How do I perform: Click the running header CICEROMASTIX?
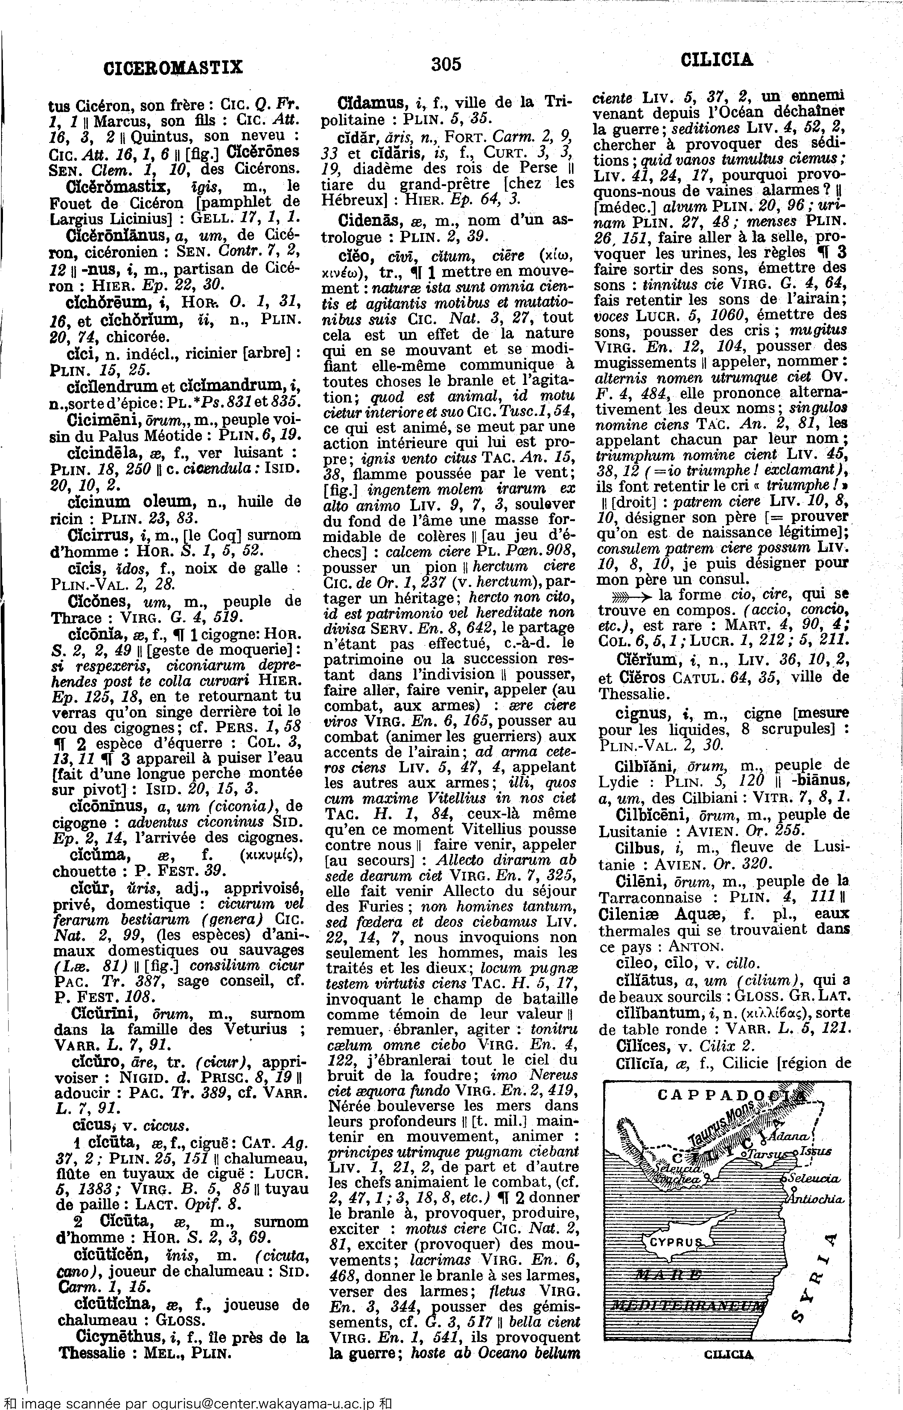[x=173, y=67]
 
